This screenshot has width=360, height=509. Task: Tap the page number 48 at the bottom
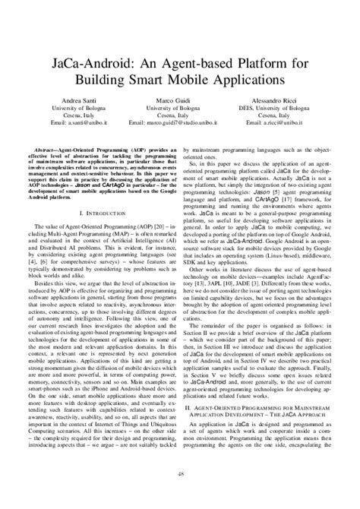click(x=180, y=495)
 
